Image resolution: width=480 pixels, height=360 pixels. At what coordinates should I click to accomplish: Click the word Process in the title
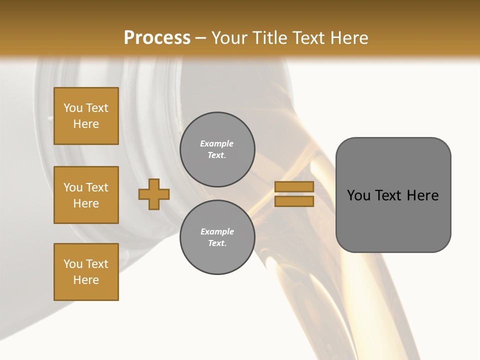click(x=157, y=38)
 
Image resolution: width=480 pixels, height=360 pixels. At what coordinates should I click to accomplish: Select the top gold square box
click(x=86, y=116)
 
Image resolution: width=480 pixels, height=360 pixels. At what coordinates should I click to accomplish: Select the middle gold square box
click(x=86, y=195)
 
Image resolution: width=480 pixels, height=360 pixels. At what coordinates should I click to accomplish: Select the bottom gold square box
click(x=86, y=272)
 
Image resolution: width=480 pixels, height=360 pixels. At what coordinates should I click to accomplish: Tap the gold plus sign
click(x=154, y=194)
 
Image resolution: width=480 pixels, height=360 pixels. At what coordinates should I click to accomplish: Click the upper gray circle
click(x=217, y=149)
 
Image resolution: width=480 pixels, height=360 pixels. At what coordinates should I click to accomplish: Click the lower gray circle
click(x=217, y=237)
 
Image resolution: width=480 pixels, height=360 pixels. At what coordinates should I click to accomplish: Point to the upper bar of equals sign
click(x=294, y=186)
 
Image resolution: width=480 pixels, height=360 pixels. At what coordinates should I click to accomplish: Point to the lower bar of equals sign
click(x=294, y=201)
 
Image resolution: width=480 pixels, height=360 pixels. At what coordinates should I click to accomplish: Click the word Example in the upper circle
click(x=217, y=143)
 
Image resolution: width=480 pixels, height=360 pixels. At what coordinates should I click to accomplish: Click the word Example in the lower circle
click(x=217, y=231)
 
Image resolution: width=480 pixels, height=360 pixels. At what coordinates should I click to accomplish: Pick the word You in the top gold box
click(x=73, y=108)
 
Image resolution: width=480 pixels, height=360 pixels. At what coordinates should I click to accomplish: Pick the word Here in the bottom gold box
click(x=86, y=280)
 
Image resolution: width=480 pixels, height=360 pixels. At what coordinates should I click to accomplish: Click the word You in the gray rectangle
click(x=358, y=195)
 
